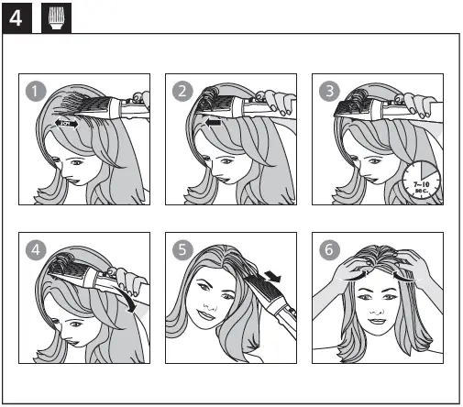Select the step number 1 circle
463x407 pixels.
tap(34, 90)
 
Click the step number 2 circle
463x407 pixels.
tap(182, 90)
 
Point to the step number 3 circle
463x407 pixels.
tap(328, 90)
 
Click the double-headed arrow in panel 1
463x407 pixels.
tap(66, 120)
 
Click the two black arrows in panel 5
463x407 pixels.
tap(267, 277)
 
